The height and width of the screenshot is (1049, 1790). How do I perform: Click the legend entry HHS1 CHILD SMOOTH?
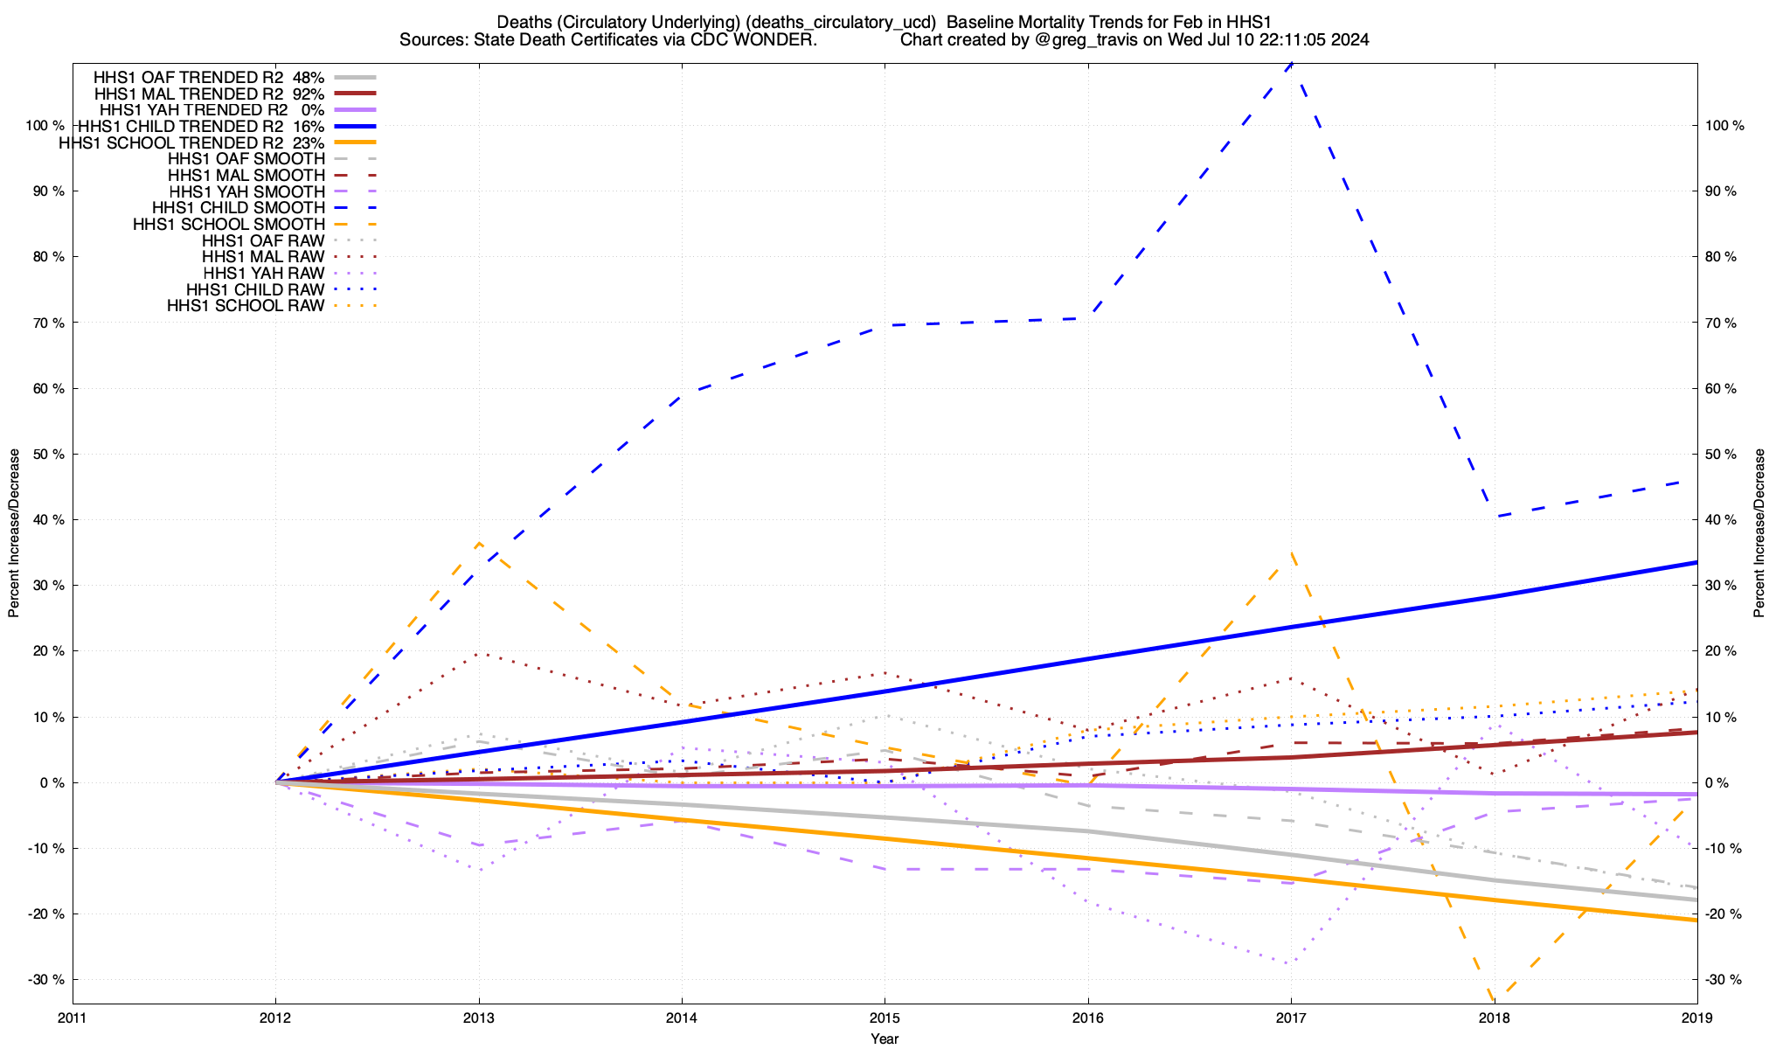238,208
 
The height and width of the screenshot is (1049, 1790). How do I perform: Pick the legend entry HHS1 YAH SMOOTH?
246,191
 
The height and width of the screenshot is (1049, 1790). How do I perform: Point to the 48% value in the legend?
309,77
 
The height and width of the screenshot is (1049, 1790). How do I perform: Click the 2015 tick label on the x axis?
885,1018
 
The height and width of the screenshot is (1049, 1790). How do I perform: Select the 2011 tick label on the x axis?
73,1018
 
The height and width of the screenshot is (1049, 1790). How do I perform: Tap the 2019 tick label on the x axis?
1696,1018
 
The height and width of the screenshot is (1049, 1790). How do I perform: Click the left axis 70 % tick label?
46,323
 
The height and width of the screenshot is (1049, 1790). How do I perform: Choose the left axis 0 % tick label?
51,783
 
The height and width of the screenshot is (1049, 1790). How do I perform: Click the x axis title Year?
885,1039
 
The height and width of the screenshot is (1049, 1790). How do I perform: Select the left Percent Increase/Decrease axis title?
14,533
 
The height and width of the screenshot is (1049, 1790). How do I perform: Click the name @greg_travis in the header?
1084,39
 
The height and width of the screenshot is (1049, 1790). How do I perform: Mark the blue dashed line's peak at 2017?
1291,64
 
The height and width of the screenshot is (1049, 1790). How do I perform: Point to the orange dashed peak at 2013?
478,543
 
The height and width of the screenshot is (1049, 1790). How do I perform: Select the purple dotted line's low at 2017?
1290,963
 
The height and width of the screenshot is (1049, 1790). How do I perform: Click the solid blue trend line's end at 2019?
1696,562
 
